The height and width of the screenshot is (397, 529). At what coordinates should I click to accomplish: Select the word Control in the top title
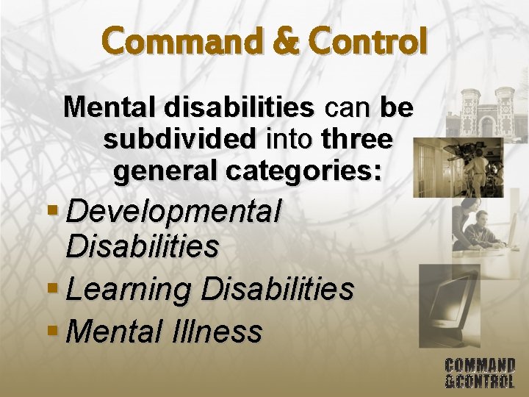367,41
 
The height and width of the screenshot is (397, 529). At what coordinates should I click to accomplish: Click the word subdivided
180,138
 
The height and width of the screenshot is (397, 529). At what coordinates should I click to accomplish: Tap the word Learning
129,288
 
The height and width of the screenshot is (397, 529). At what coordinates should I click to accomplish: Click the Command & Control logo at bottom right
480,372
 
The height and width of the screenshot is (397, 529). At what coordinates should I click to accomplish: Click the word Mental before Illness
113,331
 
